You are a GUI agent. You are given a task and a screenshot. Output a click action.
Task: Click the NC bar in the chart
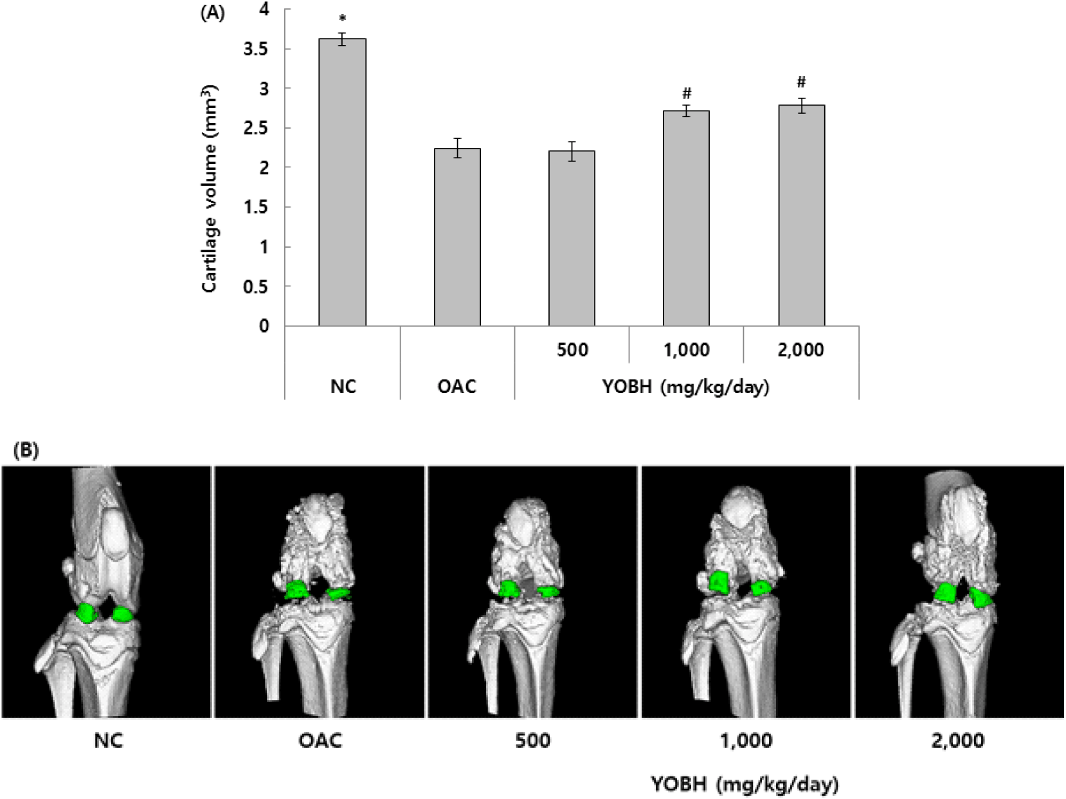click(343, 182)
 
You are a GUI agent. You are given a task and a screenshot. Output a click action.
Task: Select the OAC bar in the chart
click(458, 237)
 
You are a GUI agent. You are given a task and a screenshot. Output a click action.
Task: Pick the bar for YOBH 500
click(572, 238)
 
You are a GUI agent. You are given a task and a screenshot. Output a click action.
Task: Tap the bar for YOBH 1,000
click(687, 218)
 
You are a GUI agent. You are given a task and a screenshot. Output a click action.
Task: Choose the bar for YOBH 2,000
click(802, 215)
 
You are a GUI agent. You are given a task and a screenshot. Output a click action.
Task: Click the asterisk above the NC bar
click(343, 19)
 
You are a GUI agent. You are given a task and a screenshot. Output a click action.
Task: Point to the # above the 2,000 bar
click(801, 82)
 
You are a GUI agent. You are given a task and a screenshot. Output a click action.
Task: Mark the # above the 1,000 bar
click(687, 93)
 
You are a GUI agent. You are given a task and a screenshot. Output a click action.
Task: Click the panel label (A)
click(212, 14)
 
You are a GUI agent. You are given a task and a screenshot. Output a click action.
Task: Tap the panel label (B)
click(26, 451)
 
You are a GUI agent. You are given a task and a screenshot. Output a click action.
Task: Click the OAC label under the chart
click(457, 387)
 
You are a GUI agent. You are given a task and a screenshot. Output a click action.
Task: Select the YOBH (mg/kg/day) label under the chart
click(686, 387)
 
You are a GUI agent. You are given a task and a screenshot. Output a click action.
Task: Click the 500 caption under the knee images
click(533, 740)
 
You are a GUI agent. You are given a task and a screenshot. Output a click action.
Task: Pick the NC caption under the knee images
click(109, 741)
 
